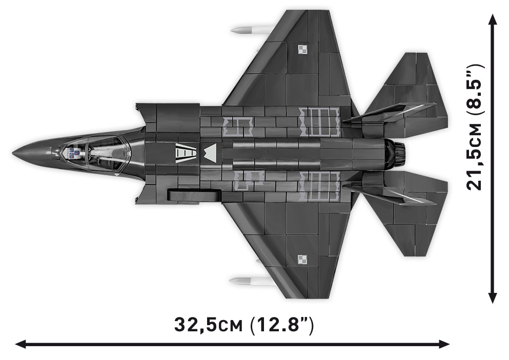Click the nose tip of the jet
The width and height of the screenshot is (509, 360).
coord(13,153)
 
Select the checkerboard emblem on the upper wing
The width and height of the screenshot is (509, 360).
coord(302,50)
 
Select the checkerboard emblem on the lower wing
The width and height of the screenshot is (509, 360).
coord(302,260)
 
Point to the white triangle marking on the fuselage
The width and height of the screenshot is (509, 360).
coord(210,153)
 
